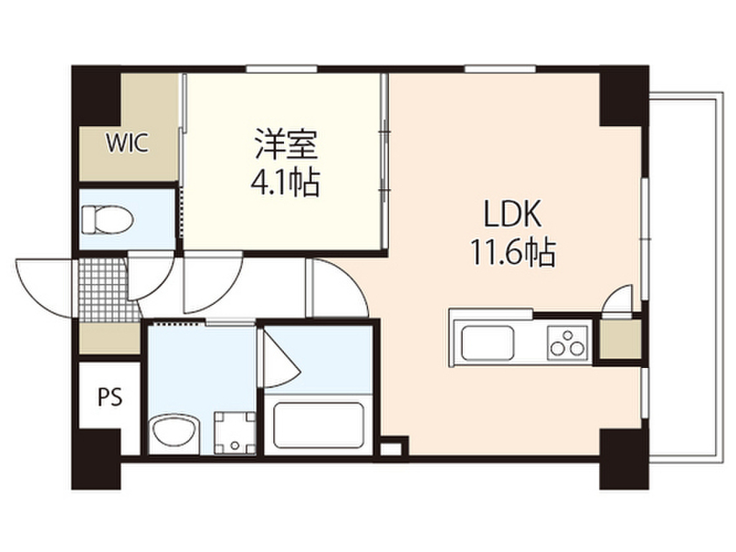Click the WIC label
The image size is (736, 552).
(127, 143)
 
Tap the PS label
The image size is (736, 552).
(109, 396)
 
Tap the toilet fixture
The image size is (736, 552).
(106, 219)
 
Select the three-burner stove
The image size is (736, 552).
(568, 342)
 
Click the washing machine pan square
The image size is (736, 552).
(235, 431)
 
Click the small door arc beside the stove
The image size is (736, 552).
(618, 300)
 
